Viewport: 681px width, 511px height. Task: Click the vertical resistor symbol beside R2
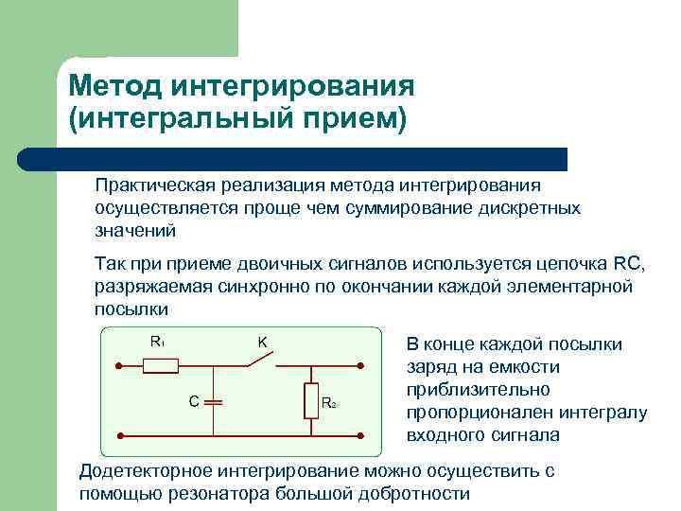point(310,401)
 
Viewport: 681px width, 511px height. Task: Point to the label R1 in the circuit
point(157,342)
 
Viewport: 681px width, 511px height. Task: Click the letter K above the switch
point(263,342)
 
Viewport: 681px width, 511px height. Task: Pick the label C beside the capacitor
point(193,401)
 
